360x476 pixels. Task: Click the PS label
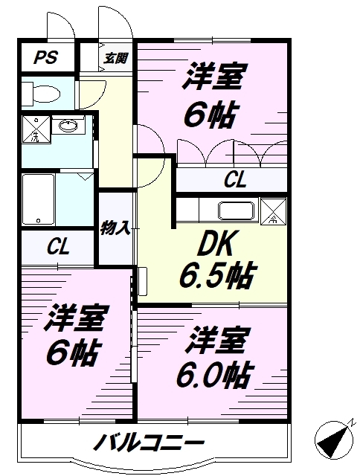click(x=44, y=57)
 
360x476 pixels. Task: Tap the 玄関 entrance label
click(x=115, y=57)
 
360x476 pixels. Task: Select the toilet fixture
click(x=40, y=93)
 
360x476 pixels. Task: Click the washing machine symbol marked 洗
click(x=34, y=129)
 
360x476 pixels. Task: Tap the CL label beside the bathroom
click(x=58, y=247)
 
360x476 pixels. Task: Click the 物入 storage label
click(x=116, y=228)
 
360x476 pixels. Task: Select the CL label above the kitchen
click(x=236, y=179)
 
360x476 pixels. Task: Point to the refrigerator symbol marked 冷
click(x=273, y=210)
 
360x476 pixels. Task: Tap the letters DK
click(x=215, y=245)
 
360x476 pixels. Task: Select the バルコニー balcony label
click(x=149, y=445)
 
